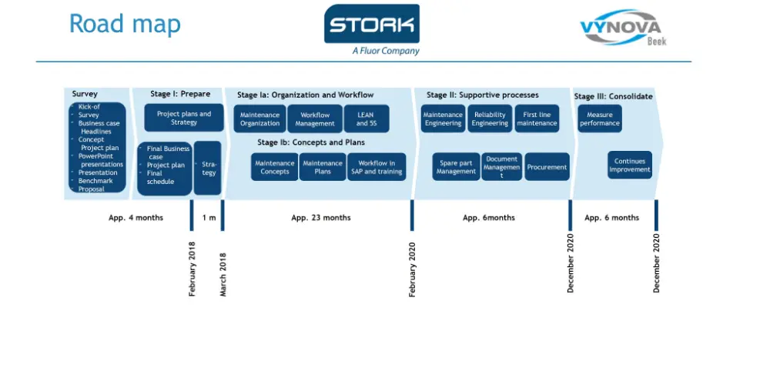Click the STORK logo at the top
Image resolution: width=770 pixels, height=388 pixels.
tap(372, 29)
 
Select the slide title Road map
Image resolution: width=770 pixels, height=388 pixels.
tap(125, 24)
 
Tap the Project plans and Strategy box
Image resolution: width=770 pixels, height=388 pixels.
tap(184, 118)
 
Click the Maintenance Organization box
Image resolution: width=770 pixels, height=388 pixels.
tap(259, 119)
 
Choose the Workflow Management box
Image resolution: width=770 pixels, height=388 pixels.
tap(315, 119)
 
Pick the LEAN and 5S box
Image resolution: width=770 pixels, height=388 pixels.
tap(367, 119)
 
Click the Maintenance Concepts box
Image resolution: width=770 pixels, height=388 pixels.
tap(275, 167)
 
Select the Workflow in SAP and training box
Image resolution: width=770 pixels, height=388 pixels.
tap(377, 167)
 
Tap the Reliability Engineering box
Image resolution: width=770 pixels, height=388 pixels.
tap(490, 119)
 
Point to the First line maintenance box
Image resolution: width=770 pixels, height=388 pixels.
tap(537, 119)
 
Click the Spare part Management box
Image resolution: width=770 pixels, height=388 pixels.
tap(456, 167)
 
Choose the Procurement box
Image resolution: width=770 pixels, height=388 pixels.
tap(547, 167)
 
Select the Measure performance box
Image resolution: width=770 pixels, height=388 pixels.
tap(599, 119)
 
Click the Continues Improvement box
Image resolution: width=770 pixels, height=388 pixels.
tap(630, 166)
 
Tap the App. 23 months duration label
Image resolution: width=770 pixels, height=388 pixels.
tap(320, 218)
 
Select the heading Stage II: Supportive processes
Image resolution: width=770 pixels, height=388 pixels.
tap(483, 95)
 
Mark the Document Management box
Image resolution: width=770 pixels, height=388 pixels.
tap(501, 167)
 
